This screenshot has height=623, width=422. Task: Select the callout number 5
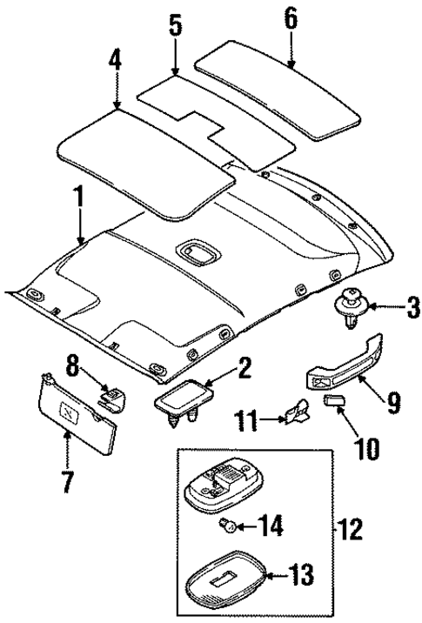(x=175, y=27)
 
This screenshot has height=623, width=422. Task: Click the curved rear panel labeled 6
(x=278, y=86)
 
